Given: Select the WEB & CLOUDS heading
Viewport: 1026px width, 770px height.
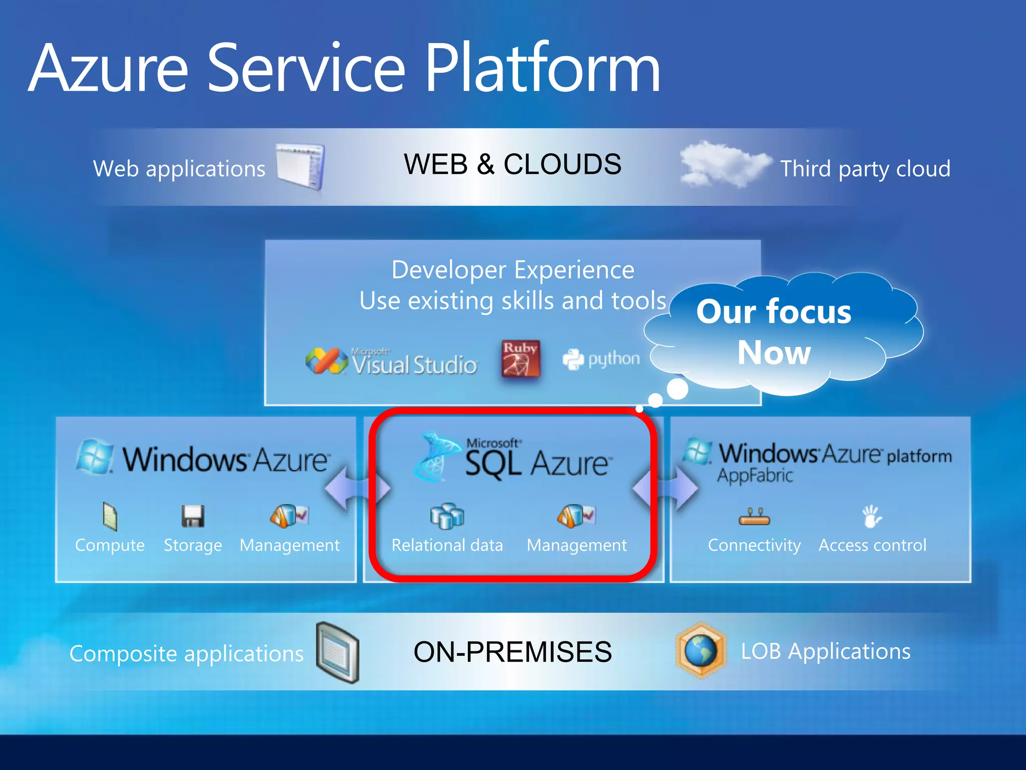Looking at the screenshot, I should click(512, 164).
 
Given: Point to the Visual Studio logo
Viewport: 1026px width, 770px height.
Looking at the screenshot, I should click(391, 361).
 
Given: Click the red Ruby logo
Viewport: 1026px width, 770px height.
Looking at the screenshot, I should click(521, 359).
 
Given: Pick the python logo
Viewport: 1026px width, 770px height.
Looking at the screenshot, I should click(601, 359).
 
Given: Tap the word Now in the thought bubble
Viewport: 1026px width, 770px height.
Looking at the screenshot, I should click(774, 352).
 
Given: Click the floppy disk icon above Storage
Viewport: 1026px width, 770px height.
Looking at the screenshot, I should click(192, 516).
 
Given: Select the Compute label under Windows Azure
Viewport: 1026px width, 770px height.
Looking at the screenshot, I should click(110, 545).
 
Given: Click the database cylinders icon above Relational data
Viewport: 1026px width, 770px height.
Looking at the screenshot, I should click(447, 516).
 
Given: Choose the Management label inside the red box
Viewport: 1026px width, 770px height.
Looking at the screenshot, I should click(576, 545).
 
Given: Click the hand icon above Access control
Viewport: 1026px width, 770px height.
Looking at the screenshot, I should click(872, 516).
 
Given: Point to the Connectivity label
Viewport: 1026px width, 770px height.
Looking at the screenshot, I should click(754, 545).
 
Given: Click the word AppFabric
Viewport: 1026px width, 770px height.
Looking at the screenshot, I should click(755, 475).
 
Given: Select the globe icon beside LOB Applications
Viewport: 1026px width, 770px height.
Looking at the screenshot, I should click(701, 651).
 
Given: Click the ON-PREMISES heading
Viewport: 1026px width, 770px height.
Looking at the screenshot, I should click(512, 652).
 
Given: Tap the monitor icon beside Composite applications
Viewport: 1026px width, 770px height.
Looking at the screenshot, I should click(338, 652).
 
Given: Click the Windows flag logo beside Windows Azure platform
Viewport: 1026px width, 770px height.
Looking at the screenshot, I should click(697, 451).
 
